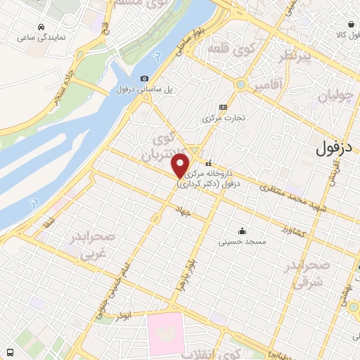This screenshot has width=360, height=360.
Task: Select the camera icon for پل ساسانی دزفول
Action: (x=144, y=79)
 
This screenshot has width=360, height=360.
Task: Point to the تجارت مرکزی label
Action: (x=223, y=118)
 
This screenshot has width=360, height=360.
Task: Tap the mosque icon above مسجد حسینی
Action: (x=242, y=231)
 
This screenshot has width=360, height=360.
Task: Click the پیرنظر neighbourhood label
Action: (x=292, y=56)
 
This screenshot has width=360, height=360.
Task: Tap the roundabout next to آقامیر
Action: (x=241, y=85)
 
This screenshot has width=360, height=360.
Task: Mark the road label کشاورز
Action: (x=295, y=230)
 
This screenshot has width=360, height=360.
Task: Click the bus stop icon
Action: (x=11, y=352)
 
